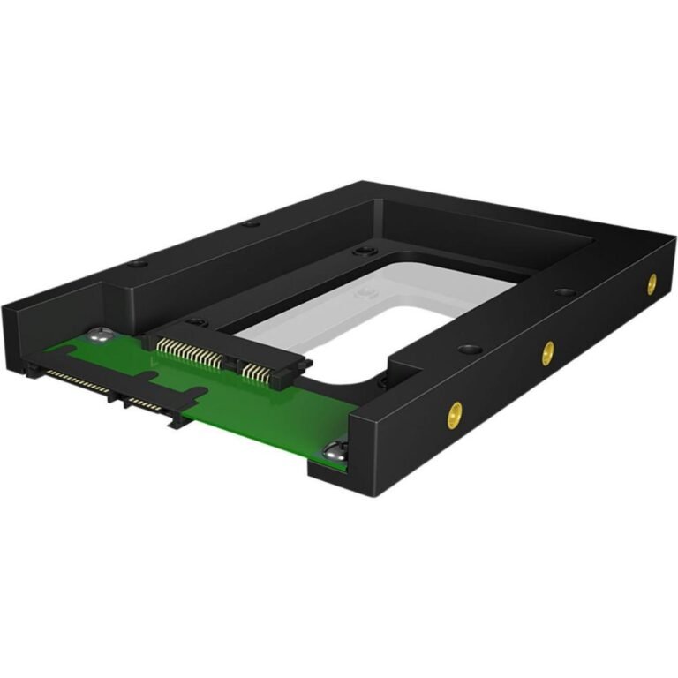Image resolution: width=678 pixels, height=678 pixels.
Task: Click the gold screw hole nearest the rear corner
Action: [x=651, y=283]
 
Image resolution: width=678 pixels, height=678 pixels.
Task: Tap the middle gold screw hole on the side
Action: [x=547, y=353]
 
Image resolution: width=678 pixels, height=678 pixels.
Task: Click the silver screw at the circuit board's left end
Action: [x=100, y=335]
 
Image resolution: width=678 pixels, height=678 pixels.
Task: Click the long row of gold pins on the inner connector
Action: [x=191, y=354]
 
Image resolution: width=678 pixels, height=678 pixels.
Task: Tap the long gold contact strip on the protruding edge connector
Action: [x=78, y=381]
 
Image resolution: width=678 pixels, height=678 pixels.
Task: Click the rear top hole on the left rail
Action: [x=251, y=223]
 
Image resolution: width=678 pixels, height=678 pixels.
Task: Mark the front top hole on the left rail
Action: [x=134, y=263]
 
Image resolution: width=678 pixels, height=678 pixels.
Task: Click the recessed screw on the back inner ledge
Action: [x=360, y=252]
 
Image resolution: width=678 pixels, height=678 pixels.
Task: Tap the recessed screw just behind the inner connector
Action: [x=197, y=322]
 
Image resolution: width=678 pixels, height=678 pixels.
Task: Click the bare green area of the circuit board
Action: [x=256, y=415]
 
